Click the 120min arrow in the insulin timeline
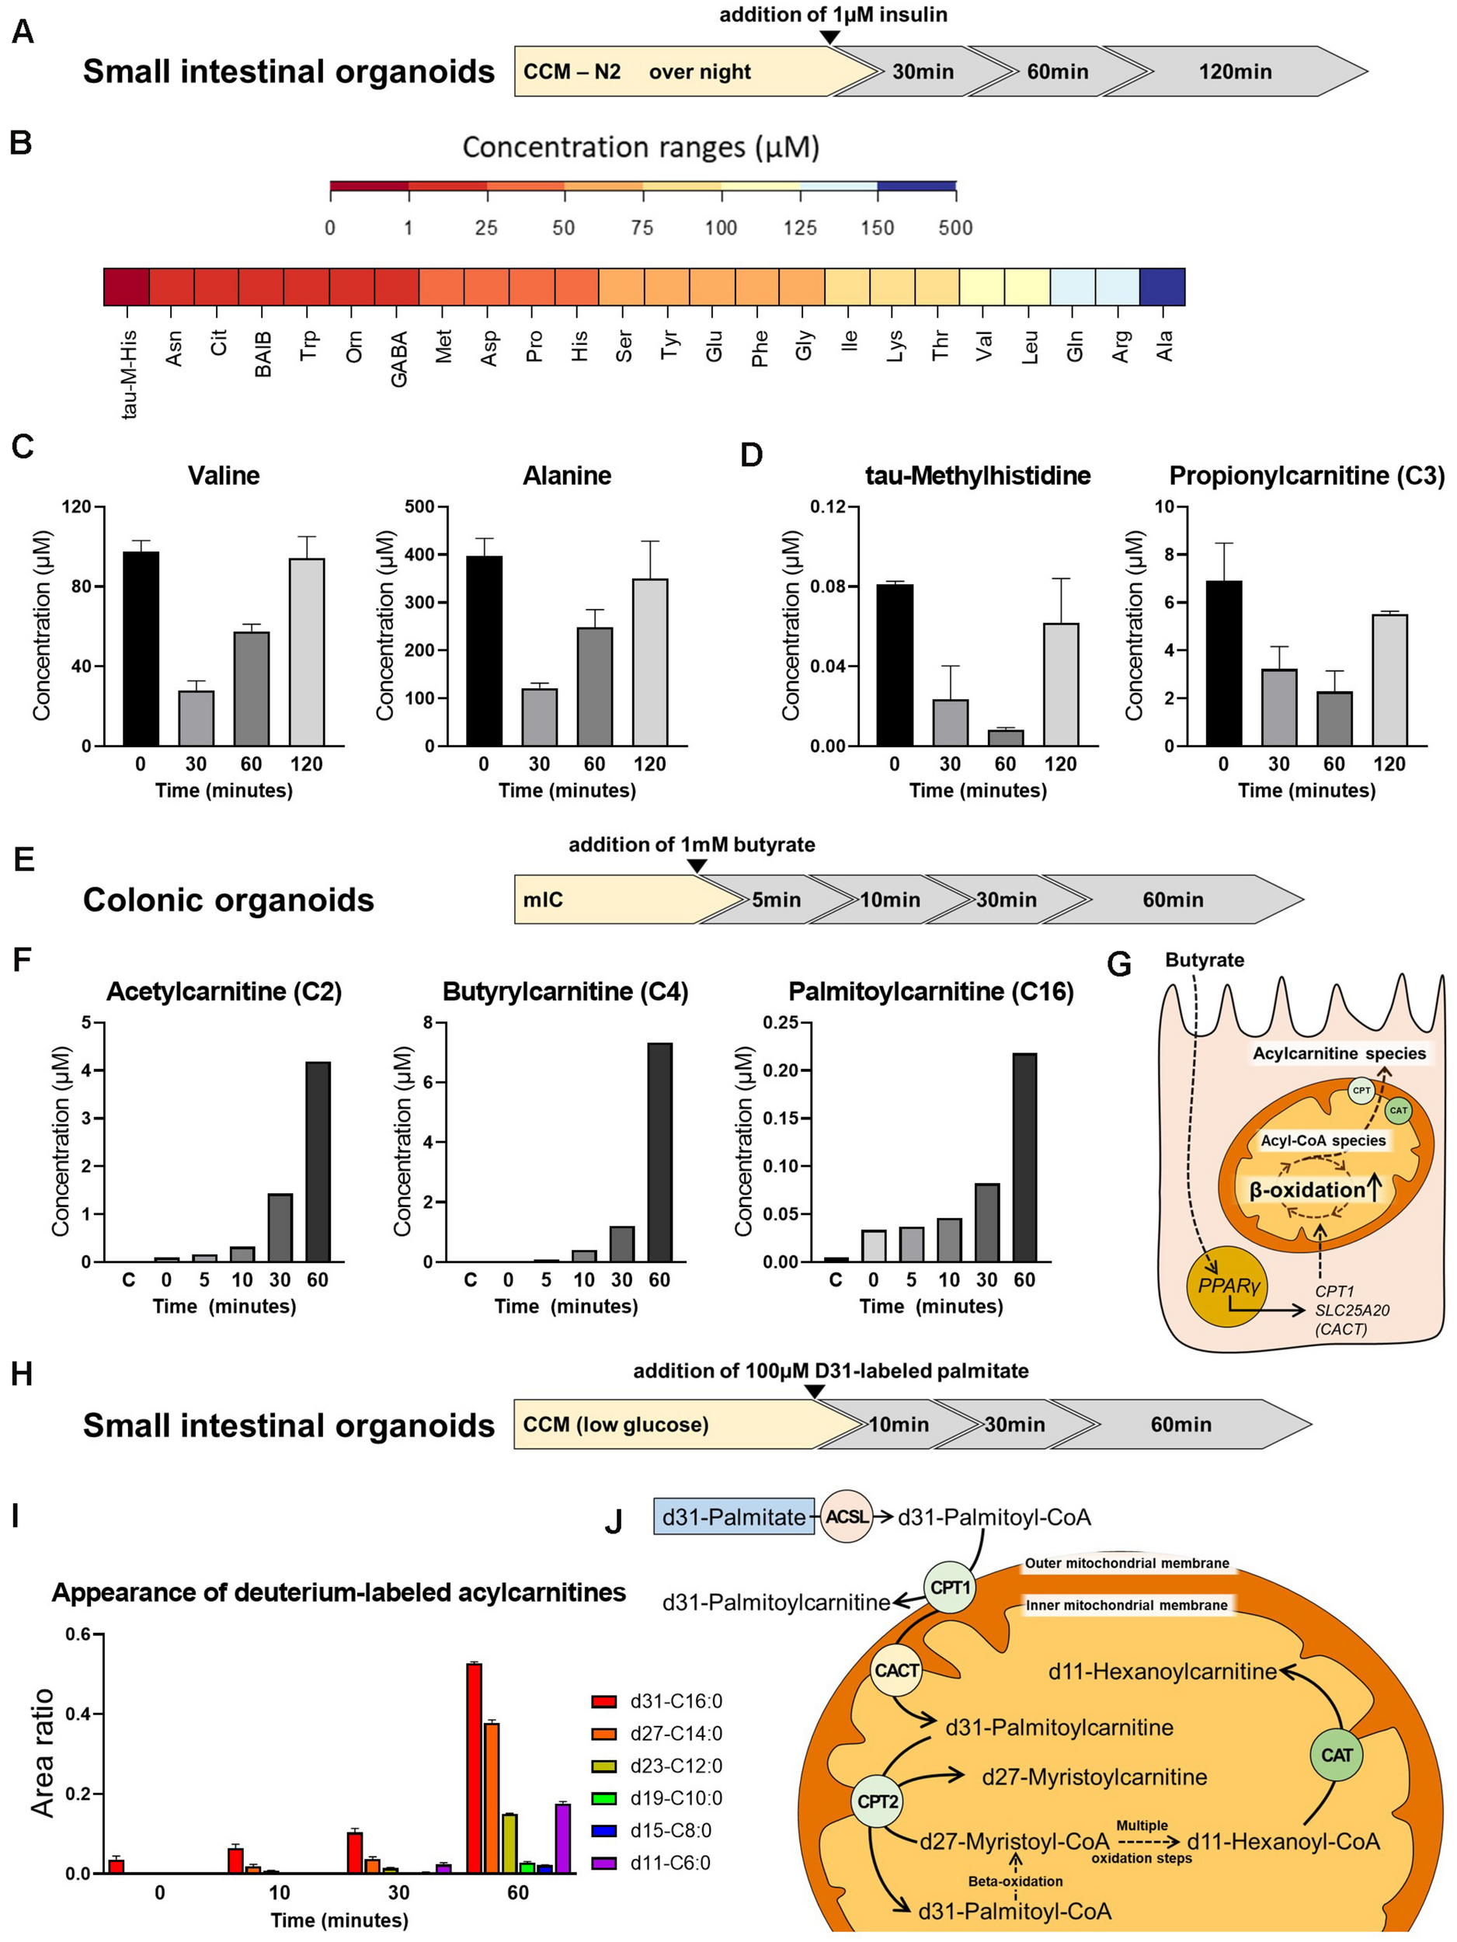(x=1235, y=72)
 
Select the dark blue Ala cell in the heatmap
(x=1162, y=287)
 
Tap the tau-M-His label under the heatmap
(x=129, y=374)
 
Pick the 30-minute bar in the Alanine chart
(x=539, y=716)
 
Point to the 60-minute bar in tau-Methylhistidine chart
(x=1005, y=737)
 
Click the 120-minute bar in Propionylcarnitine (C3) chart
(x=1389, y=680)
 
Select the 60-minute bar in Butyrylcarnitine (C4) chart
(x=659, y=1152)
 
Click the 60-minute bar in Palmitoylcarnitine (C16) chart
(x=1024, y=1157)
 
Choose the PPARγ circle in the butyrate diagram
(x=1227, y=1286)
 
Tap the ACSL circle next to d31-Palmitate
(x=846, y=1517)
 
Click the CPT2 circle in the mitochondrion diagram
(x=878, y=1801)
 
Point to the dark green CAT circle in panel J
(x=1337, y=1754)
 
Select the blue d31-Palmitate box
(x=734, y=1517)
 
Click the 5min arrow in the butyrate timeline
(x=776, y=900)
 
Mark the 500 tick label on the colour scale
(x=955, y=228)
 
